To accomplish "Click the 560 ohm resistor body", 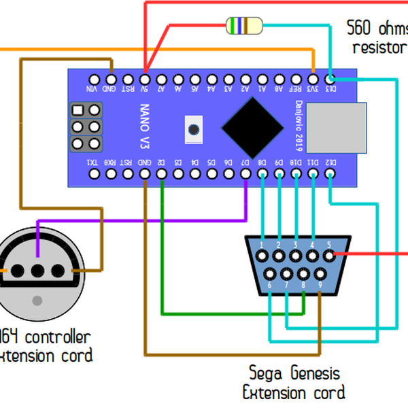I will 243,26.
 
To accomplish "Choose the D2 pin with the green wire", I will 161,174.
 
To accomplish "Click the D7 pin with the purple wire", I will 246,174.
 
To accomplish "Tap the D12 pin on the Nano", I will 330,174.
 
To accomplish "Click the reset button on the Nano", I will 194,129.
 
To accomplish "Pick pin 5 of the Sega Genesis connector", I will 329,256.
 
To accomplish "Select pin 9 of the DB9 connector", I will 320,273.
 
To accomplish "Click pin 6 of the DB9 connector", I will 271,273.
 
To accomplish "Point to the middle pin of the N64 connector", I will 37,270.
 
